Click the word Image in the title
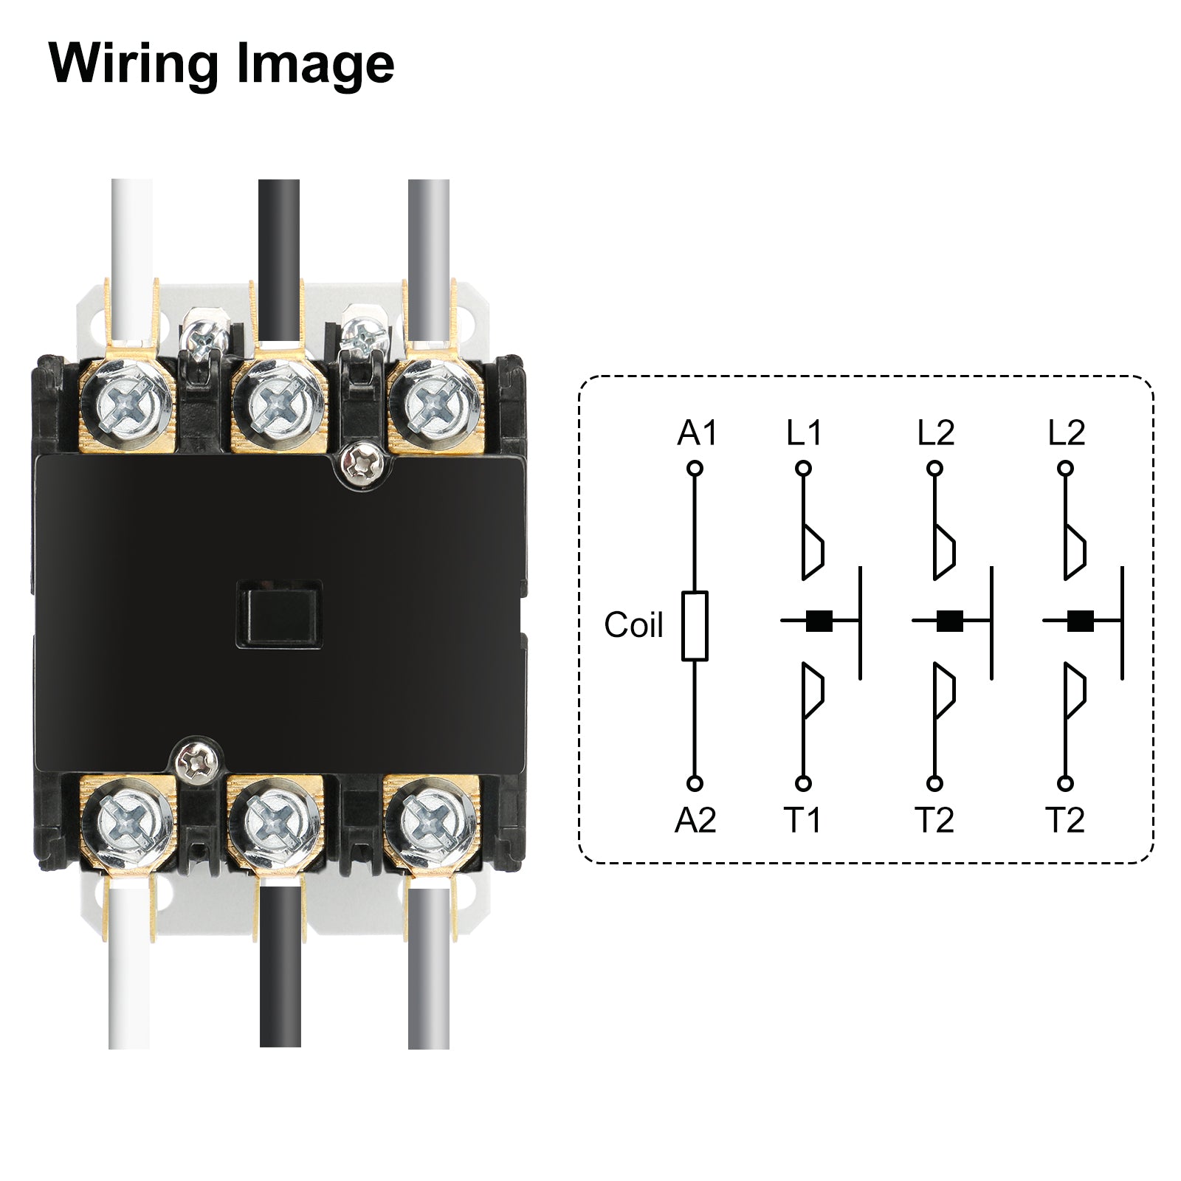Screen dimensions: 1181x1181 pyautogui.click(x=315, y=65)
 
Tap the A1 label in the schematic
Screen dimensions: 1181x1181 pyautogui.click(x=696, y=433)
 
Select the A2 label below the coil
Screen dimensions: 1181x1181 pyautogui.click(x=695, y=820)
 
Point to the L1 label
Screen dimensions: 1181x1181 pyautogui.click(x=803, y=433)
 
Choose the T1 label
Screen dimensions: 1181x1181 pyautogui.click(x=802, y=820)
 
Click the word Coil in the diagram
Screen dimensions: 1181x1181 pyautogui.click(x=633, y=625)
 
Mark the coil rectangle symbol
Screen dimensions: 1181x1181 pyautogui.click(x=694, y=625)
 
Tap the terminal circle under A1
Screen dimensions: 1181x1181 pyautogui.click(x=694, y=468)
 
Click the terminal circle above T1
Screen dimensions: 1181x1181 pyautogui.click(x=803, y=783)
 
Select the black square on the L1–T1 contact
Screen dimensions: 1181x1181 pyautogui.click(x=819, y=622)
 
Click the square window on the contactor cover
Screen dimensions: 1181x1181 pyautogui.click(x=279, y=615)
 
